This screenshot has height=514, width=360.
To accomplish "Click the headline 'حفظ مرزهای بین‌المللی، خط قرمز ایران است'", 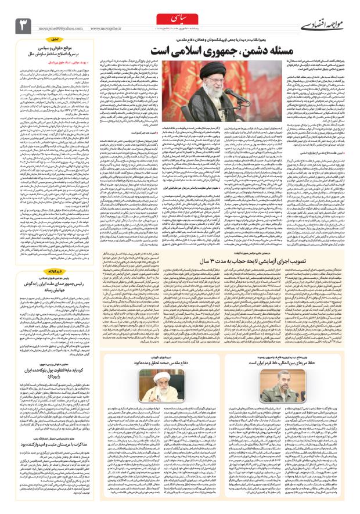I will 291,362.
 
